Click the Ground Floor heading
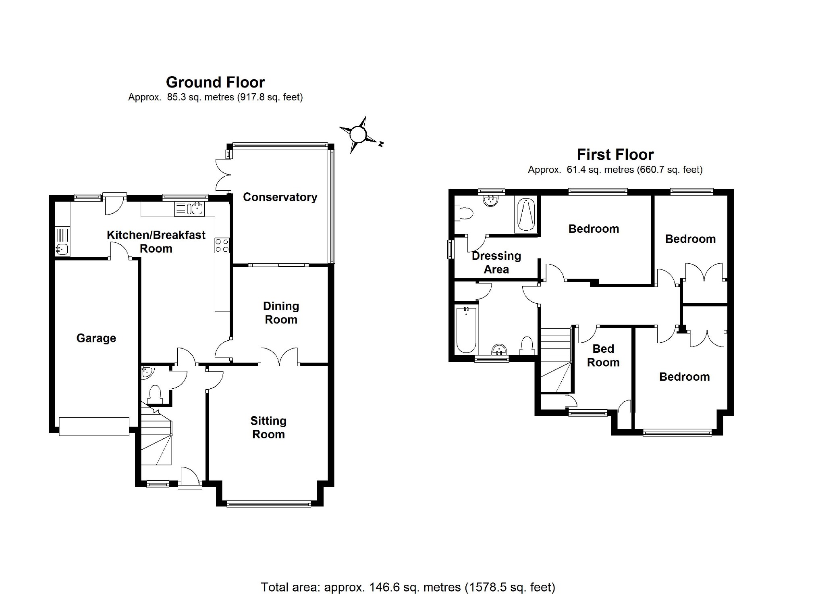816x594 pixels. tap(215, 82)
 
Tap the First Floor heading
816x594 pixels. tap(615, 154)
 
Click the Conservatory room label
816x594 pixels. tap(280, 197)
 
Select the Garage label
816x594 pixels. tap(96, 338)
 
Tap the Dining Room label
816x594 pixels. tap(281, 313)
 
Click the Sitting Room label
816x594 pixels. tap(268, 427)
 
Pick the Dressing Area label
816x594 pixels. tap(496, 263)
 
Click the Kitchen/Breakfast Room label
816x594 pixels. tap(156, 242)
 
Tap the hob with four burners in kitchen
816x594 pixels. tap(222, 245)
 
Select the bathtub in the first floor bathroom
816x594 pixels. tap(466, 329)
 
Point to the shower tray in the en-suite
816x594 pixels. tap(526, 215)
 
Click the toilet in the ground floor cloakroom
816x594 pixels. tap(155, 394)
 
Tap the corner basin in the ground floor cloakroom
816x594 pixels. tap(146, 371)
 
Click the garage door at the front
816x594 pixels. tap(94, 426)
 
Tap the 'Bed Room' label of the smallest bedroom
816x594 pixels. tap(603, 356)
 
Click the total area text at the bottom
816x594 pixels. tap(408, 587)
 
